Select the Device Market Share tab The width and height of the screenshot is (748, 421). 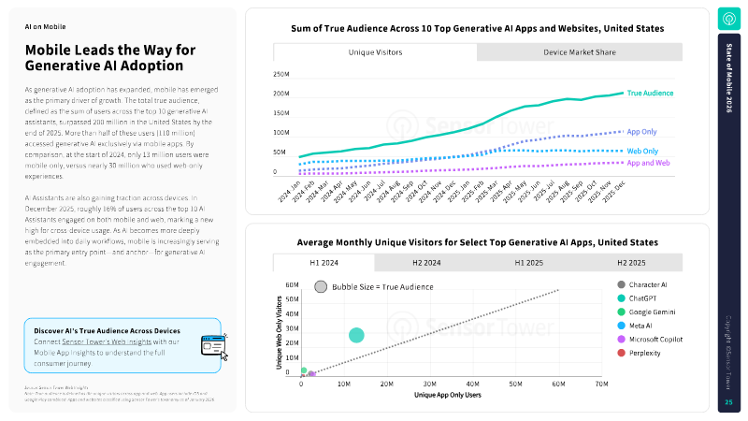(x=580, y=52)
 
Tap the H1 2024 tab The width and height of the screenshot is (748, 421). (x=324, y=263)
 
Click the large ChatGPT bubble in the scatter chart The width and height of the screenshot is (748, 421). (x=356, y=335)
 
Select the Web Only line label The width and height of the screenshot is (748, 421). (x=641, y=151)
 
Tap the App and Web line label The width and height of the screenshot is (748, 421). (x=647, y=163)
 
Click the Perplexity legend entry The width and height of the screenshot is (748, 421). (x=644, y=353)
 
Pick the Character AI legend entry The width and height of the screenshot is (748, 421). (x=647, y=284)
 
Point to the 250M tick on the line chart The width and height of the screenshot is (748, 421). (x=281, y=74)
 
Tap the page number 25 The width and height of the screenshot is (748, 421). (x=728, y=402)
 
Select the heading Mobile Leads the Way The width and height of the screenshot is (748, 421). (x=104, y=58)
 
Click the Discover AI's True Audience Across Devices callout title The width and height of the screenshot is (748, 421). (x=107, y=330)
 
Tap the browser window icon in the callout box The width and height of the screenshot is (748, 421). (x=213, y=345)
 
